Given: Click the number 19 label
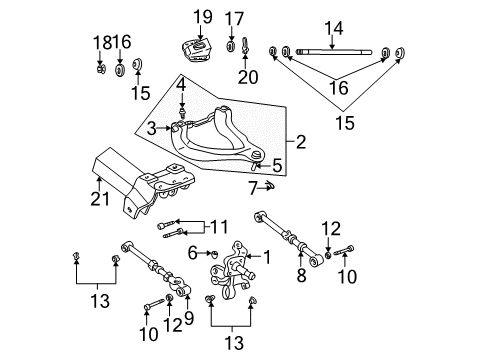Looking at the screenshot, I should pyautogui.click(x=204, y=16).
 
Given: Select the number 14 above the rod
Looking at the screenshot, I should pyautogui.click(x=334, y=29).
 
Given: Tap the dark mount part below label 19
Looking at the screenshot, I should pyautogui.click(x=200, y=52).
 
